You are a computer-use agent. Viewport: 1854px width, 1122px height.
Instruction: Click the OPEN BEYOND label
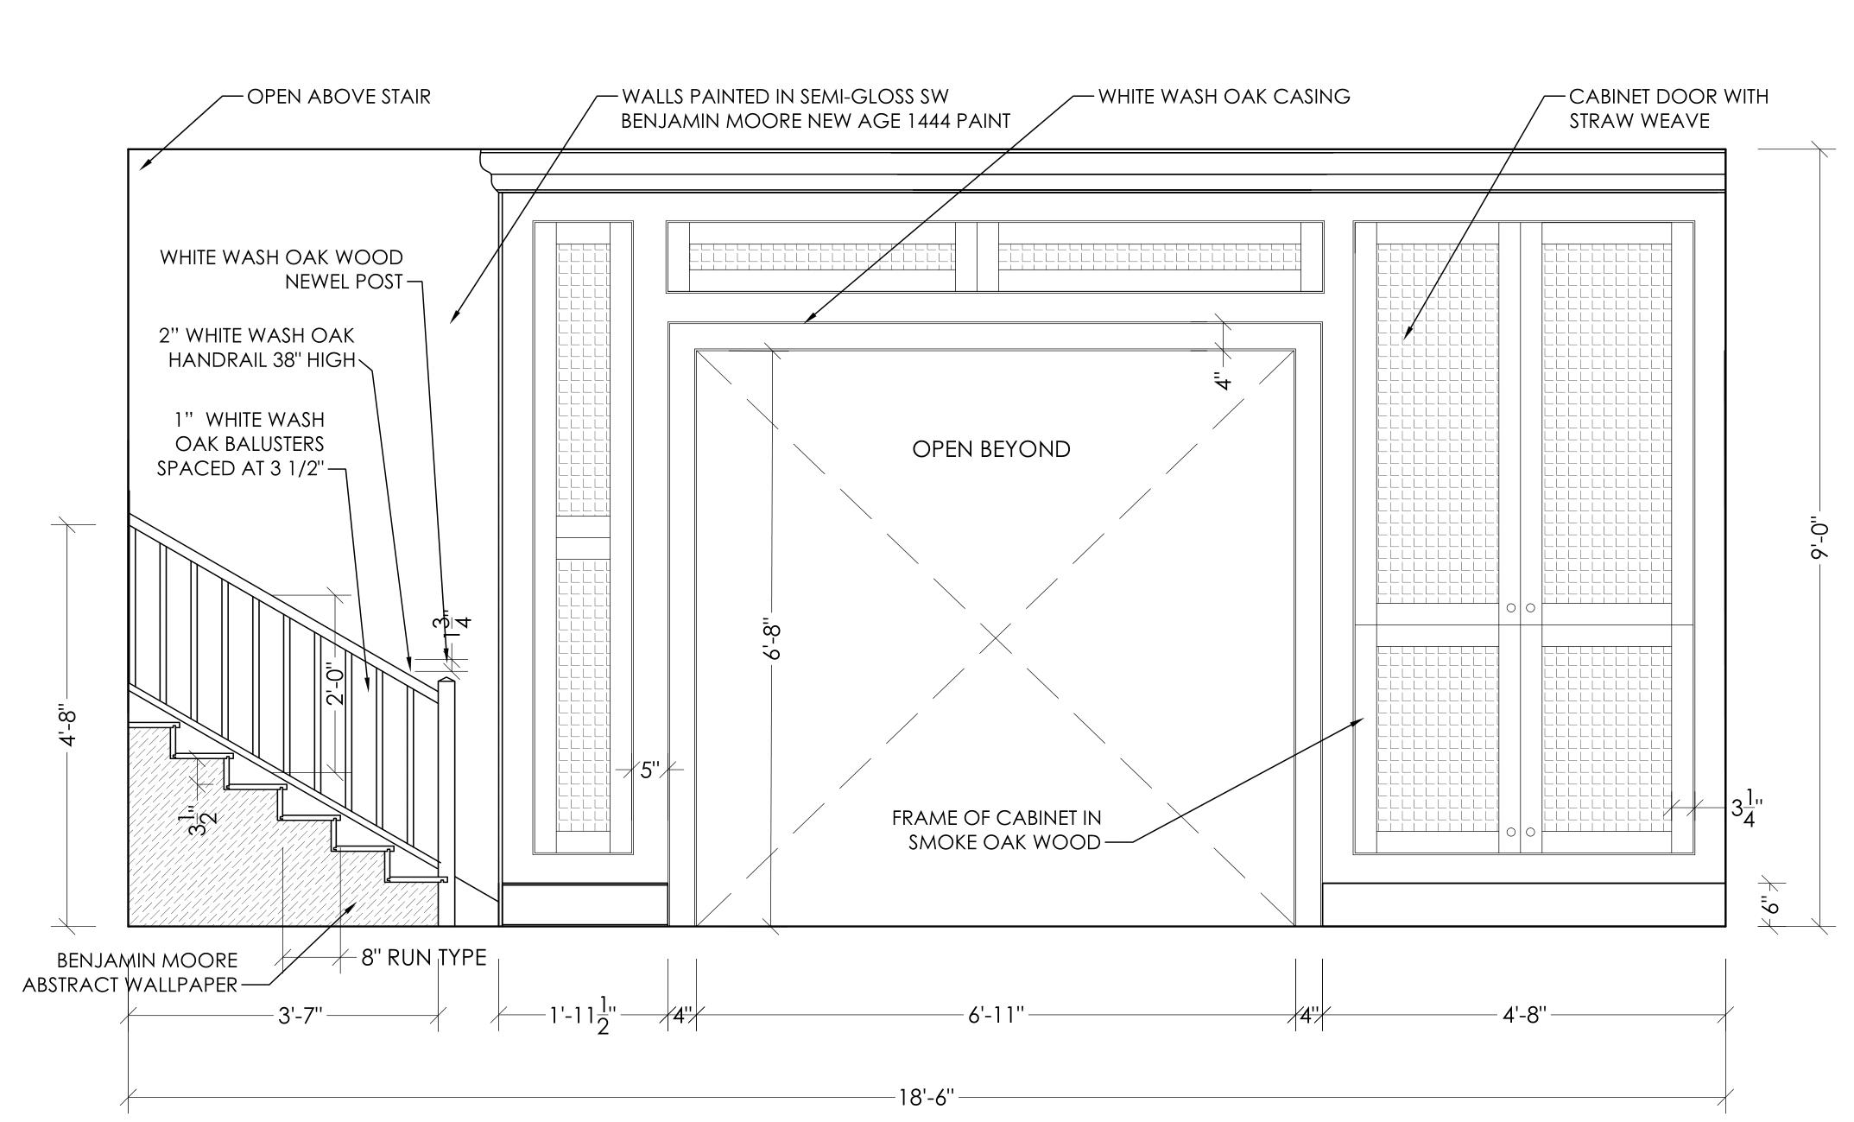click(x=990, y=449)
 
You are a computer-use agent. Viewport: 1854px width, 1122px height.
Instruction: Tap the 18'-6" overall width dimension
click(x=926, y=1098)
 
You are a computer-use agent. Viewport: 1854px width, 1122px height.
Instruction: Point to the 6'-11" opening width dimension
click(x=996, y=1015)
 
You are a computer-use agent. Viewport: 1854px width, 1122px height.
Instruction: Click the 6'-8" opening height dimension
click(x=773, y=638)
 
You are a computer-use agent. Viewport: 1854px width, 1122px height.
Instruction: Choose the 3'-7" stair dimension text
click(x=300, y=1016)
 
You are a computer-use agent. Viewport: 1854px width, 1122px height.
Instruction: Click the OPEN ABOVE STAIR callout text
click(x=339, y=97)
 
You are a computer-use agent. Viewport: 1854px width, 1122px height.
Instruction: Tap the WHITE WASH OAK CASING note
click(x=1224, y=97)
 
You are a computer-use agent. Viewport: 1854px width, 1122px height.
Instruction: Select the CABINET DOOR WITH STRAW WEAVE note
click(x=1667, y=109)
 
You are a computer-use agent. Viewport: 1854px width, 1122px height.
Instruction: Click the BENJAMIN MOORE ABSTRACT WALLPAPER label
click(x=130, y=973)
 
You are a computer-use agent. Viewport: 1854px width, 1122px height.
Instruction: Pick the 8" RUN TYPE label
click(x=423, y=957)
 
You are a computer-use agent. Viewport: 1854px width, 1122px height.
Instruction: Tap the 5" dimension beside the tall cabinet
click(x=649, y=770)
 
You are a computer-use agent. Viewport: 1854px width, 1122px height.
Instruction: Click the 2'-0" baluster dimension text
click(x=336, y=683)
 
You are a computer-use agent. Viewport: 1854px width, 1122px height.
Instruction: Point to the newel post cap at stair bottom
click(x=446, y=684)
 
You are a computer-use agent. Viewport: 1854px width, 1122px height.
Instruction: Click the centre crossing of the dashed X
click(x=996, y=638)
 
